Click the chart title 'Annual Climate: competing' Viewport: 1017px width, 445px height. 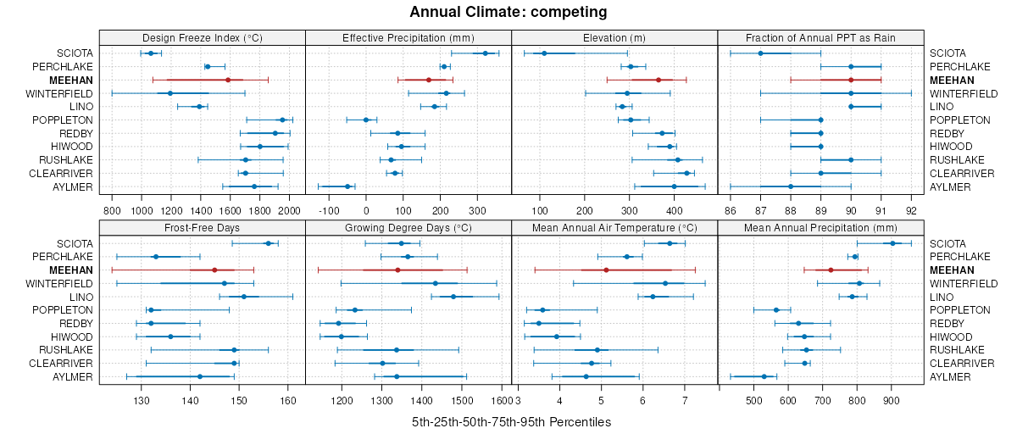(508, 12)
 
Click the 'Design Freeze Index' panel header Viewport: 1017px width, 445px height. (202, 37)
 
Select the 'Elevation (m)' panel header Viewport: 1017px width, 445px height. (614, 37)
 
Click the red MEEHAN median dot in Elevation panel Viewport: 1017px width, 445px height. (659, 80)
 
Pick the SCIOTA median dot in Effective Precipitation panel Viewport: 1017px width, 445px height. (485, 53)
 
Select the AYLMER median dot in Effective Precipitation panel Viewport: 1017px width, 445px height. (347, 186)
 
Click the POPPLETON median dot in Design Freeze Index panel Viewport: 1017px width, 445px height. (282, 120)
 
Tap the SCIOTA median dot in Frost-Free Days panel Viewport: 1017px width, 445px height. (268, 243)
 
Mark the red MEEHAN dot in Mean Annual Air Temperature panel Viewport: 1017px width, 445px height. (606, 270)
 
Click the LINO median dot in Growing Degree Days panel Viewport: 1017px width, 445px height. (453, 297)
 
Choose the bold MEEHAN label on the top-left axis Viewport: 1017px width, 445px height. (72, 80)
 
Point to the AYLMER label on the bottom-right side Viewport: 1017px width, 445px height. (950, 376)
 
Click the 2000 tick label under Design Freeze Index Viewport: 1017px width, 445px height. (289, 211)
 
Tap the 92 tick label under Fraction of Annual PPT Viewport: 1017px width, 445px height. (911, 211)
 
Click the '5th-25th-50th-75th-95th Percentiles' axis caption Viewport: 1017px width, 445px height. (511, 422)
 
